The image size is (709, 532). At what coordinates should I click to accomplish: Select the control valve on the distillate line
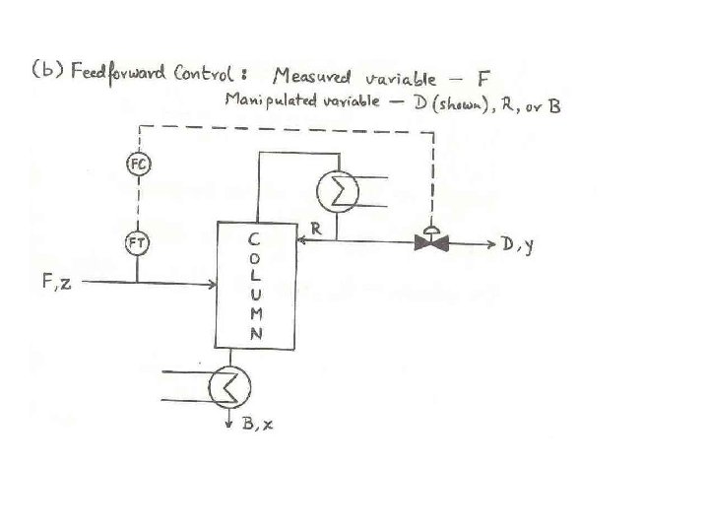(430, 241)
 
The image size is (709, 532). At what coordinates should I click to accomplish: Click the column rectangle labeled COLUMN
(255, 285)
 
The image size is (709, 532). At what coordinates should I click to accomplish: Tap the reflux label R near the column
(316, 228)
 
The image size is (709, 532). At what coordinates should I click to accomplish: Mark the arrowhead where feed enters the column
(212, 285)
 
